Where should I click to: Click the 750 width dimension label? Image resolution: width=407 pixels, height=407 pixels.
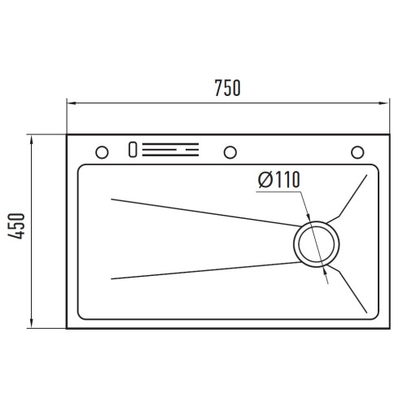coord(227,88)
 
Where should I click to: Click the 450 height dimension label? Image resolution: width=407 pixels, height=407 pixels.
coord(16,226)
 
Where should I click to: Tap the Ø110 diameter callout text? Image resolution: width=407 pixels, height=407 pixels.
coord(279,179)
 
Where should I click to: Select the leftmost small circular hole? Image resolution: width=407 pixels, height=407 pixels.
coord(102,152)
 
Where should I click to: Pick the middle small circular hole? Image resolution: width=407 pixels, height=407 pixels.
coord(230,152)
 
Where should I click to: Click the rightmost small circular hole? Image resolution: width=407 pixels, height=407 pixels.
coord(357,152)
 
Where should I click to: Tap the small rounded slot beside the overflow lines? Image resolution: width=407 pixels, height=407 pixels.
coord(133,150)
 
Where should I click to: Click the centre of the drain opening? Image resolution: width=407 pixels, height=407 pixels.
coord(316,244)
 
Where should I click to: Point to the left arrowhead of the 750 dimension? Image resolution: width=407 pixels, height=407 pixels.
coord(72,103)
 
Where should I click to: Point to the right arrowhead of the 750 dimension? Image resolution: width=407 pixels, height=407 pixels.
coord(384,103)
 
